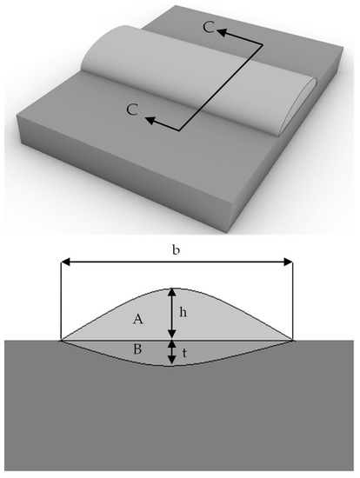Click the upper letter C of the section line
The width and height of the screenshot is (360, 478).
point(209,28)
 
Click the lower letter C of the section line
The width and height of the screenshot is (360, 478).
point(132,110)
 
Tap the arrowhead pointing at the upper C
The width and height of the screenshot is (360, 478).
point(222,32)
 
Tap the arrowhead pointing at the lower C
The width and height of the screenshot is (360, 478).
point(150,121)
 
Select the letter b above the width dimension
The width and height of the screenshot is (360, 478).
point(176,250)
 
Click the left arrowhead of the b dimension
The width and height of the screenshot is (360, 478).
point(66,262)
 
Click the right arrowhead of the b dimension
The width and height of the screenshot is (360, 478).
point(288,262)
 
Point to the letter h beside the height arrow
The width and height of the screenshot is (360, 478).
point(183,312)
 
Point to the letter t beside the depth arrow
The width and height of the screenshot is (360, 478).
point(184,353)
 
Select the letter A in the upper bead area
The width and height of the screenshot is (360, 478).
point(138,320)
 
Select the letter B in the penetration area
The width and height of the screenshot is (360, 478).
point(137,349)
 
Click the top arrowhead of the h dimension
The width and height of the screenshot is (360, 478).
point(172,293)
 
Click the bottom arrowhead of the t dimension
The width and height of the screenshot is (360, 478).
point(172,361)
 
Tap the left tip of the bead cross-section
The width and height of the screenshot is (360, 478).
point(62,340)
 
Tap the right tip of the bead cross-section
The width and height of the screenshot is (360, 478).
point(293,340)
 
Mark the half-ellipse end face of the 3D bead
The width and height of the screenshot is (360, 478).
point(298,106)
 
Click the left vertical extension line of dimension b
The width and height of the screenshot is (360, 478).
point(62,301)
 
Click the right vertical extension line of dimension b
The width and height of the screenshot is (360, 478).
point(293,301)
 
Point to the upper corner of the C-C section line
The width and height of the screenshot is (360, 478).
point(263,45)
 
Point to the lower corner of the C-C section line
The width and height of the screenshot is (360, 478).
point(179,130)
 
